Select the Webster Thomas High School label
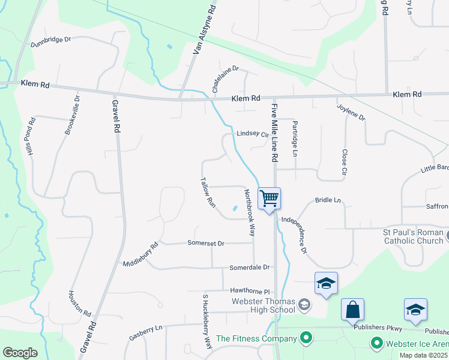pos(264,305)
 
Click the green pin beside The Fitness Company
pos(307,339)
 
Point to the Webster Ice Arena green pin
pos(377,344)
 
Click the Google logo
pos(20,353)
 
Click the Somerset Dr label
pos(205,244)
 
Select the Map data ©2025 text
pos(423,355)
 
